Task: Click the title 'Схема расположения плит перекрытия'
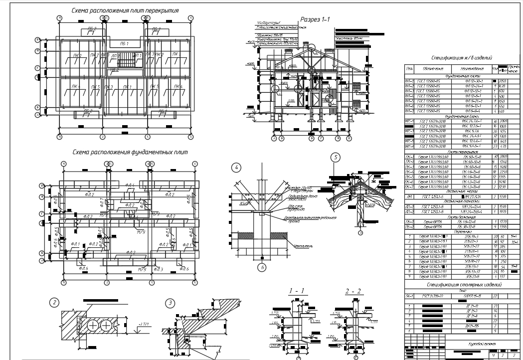pos(125,10)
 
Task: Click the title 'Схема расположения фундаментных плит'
pos(130,152)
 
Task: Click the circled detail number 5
pos(336,158)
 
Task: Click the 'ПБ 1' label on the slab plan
pos(125,45)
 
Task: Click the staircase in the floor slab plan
pos(125,63)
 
